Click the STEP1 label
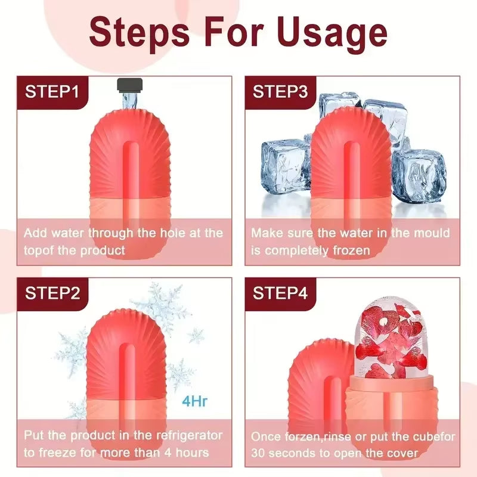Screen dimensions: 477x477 pyautogui.click(x=52, y=92)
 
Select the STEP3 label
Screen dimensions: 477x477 pyautogui.click(x=280, y=92)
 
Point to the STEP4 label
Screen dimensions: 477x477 pyautogui.click(x=280, y=293)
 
